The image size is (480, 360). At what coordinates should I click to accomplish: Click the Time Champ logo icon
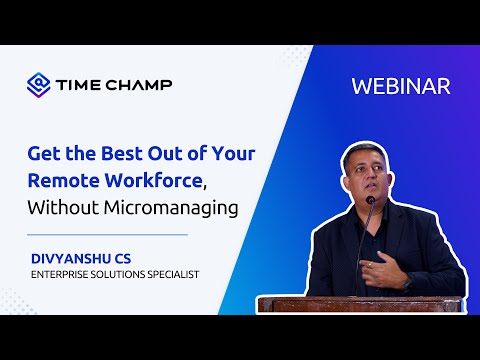pyautogui.click(x=37, y=83)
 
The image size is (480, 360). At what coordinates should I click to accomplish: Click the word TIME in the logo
pyautogui.click(x=77, y=83)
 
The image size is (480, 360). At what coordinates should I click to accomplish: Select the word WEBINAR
pyautogui.click(x=401, y=86)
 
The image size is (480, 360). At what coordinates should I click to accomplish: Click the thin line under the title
pyautogui.click(x=108, y=234)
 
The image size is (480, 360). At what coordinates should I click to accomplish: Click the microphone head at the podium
pyautogui.click(x=370, y=202)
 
